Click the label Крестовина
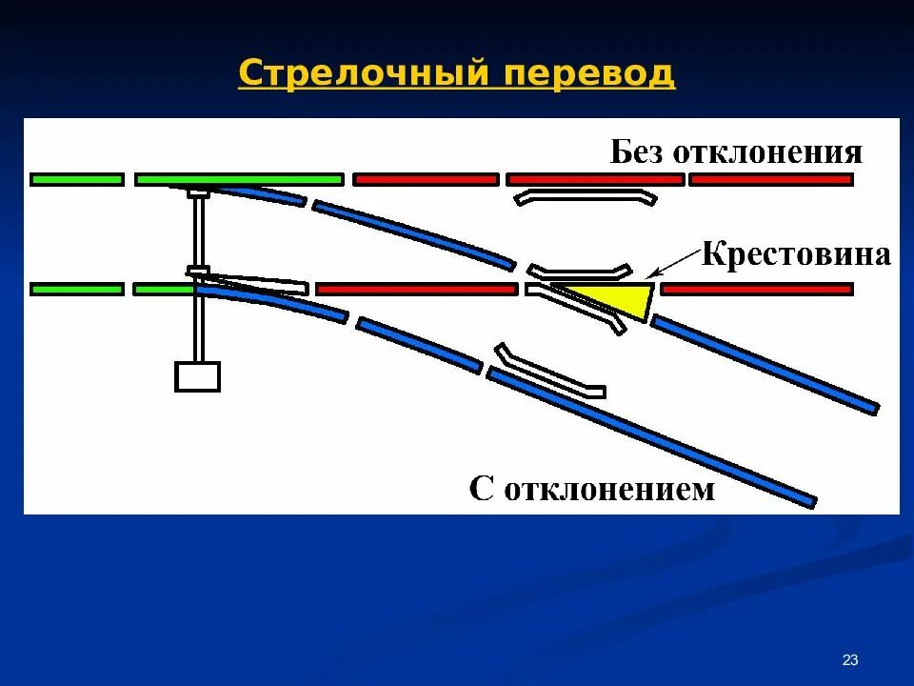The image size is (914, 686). pos(796,255)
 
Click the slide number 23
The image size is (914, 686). pos(850,660)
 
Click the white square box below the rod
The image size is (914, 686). pos(197,376)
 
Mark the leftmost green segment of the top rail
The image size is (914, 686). pos(77,179)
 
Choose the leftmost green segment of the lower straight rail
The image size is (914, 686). pos(77,289)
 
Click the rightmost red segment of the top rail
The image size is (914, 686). pos(770,179)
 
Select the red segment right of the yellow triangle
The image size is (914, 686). pos(756,289)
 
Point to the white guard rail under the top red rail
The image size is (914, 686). pos(586,197)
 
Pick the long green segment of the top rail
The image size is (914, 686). pos(239,179)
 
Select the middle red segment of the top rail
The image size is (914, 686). pos(594,179)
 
